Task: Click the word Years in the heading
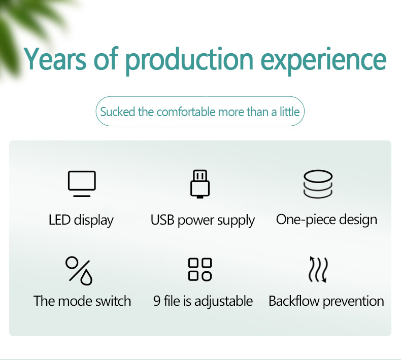[x=55, y=59]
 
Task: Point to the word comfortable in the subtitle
[x=186, y=112]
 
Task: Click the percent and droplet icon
[x=79, y=270]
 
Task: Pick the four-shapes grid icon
[x=200, y=269]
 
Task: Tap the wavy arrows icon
[x=318, y=269]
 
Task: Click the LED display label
[x=81, y=220]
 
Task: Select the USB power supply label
[x=203, y=221]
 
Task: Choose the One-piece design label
[x=326, y=220]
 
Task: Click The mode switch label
[x=82, y=301]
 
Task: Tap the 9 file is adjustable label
[x=203, y=301]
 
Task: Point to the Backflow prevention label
[x=326, y=301]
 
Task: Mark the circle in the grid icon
[x=207, y=276]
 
